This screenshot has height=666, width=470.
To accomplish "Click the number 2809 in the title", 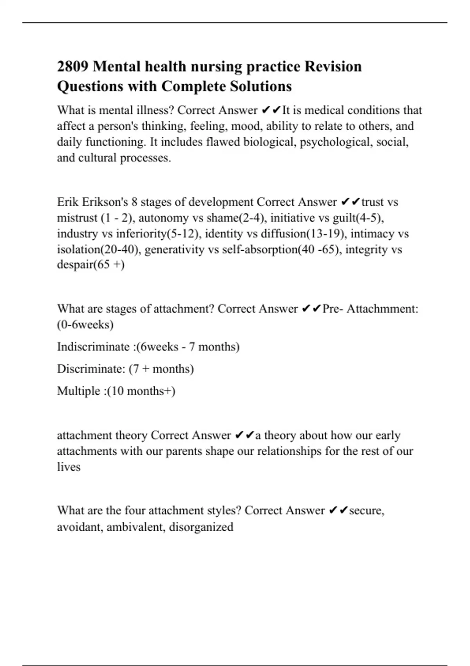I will click(x=72, y=67).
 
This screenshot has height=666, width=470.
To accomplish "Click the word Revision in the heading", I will click(x=333, y=67).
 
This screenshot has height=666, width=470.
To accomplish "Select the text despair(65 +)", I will click(x=90, y=265).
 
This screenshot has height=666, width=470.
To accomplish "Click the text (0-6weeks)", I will click(x=85, y=325).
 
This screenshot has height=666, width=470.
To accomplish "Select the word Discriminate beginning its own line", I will click(x=91, y=369).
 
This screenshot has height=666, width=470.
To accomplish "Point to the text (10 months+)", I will click(x=141, y=391).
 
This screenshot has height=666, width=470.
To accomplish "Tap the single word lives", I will click(x=69, y=467).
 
